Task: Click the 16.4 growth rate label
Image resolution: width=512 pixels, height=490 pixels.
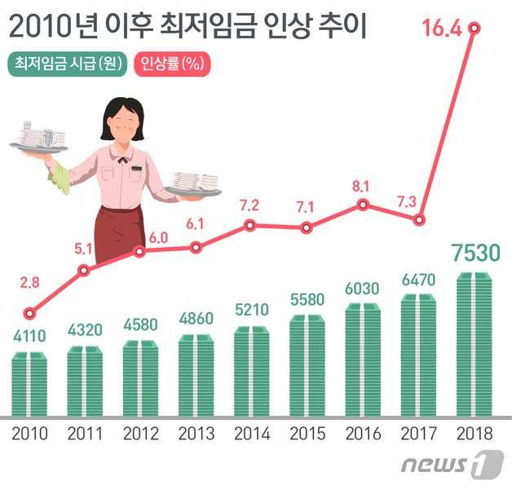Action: (440, 29)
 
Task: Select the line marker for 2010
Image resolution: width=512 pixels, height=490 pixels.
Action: (30, 312)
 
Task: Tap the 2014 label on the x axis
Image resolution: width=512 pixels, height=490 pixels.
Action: (253, 432)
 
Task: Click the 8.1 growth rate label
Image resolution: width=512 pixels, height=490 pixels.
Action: (362, 186)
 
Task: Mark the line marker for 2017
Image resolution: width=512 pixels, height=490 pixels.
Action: (419, 220)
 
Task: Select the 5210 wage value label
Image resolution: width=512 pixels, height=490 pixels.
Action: (252, 311)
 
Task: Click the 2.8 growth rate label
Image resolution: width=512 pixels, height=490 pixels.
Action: (30, 283)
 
